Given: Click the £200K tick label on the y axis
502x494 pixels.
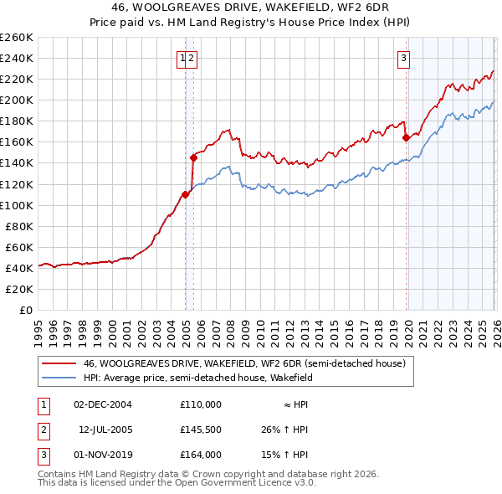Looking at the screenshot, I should click(x=17, y=100).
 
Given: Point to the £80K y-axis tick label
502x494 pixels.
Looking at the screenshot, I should click(x=19, y=226).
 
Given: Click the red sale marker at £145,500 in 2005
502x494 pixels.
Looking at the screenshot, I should click(x=193, y=157).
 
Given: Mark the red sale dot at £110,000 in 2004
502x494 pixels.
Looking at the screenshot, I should click(x=185, y=194).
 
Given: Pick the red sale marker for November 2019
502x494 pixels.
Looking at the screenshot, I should click(x=406, y=137).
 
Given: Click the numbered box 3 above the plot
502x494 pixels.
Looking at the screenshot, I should click(x=403, y=58).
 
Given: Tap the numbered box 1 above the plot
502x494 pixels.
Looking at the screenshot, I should click(x=182, y=58).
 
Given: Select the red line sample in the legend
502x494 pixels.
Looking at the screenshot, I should click(x=59, y=363).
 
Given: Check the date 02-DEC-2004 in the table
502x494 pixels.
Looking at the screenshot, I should click(x=102, y=404).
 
